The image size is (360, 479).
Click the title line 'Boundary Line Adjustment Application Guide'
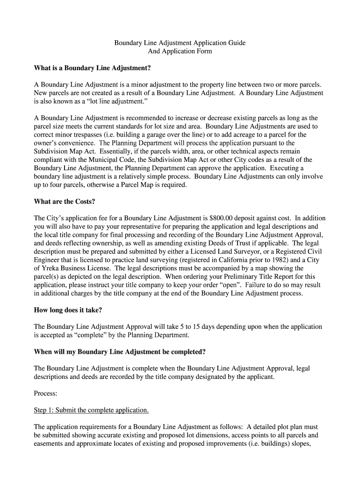point(180,43)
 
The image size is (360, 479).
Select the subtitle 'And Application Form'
point(180,51)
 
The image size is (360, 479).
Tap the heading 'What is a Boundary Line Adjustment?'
point(93,68)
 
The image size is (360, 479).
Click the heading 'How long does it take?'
point(68,310)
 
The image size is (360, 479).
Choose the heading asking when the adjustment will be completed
point(120,351)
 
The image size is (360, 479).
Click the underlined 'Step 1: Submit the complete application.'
point(91,410)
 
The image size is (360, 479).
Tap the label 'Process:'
point(46,393)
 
